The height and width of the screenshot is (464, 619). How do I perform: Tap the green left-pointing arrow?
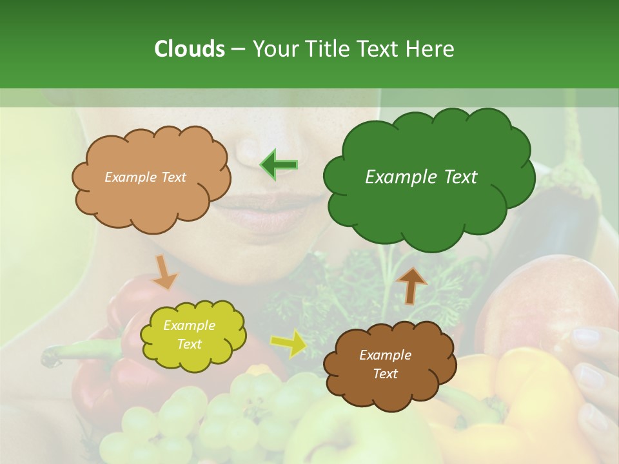(x=279, y=165)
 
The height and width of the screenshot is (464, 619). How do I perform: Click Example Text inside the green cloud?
(x=421, y=177)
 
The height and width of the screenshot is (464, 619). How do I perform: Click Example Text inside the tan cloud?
(x=145, y=177)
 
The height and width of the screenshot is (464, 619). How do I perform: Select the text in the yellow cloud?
(x=189, y=335)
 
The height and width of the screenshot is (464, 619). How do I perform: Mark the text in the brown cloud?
(x=385, y=364)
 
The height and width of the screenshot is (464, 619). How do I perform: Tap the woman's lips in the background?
(x=271, y=213)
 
